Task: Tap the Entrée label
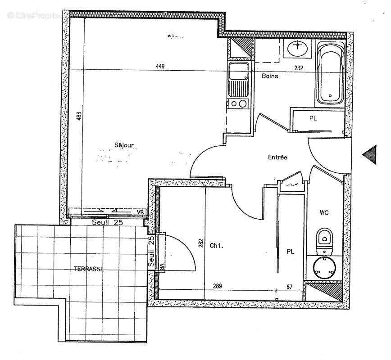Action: (x=277, y=157)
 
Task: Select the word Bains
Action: (x=270, y=76)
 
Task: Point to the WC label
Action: (x=324, y=212)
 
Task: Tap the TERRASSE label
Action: (x=89, y=269)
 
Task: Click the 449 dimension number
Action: (x=160, y=67)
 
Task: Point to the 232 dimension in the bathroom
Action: (x=299, y=68)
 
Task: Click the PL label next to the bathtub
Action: (x=313, y=118)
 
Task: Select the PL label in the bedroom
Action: (x=291, y=252)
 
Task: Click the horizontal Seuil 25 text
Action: (x=108, y=222)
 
